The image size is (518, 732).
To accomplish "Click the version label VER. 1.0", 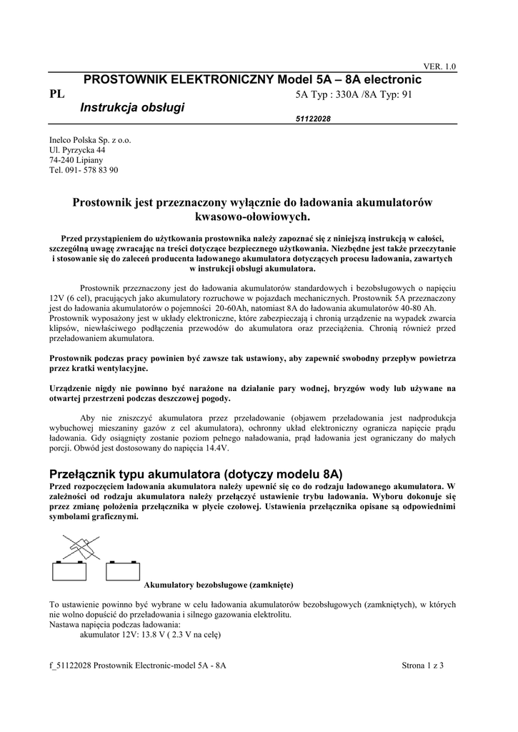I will [x=439, y=66].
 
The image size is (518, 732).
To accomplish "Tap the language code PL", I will [x=56, y=94].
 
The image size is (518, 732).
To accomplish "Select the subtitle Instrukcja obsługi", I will [x=132, y=107].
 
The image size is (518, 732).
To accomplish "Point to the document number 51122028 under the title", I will [x=313, y=119].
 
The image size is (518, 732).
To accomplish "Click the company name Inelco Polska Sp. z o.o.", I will [x=90, y=140].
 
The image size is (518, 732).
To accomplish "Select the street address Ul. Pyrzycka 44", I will [x=77, y=150].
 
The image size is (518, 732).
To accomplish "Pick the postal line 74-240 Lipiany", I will [x=76, y=160].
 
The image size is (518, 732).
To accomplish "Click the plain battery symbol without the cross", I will [x=122, y=570].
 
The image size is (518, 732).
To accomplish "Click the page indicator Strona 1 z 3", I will [x=422, y=666].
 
